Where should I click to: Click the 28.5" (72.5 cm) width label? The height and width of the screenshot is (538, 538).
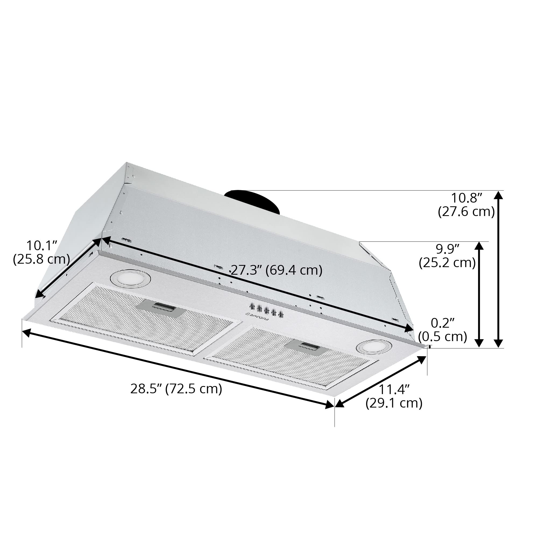coord(176,389)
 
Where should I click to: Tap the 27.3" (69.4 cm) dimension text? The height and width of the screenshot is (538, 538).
coord(277,270)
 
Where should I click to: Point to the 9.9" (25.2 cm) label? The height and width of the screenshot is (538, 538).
coord(447,256)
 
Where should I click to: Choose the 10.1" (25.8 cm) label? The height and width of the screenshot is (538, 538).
coord(41,253)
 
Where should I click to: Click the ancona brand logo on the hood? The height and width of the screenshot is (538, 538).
coord(258,317)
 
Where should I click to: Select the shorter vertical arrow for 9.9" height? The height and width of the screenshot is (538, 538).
coord(479,294)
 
